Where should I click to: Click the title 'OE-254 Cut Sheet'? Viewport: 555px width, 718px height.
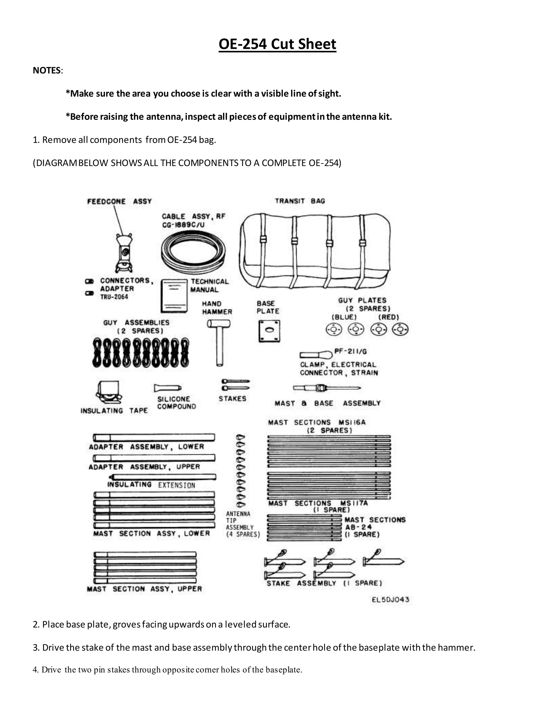[x=277, y=44]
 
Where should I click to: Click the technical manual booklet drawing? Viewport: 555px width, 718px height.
[x=174, y=296]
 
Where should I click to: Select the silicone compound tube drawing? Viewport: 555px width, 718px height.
[x=167, y=388]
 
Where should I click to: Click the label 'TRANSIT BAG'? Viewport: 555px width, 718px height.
[x=300, y=201]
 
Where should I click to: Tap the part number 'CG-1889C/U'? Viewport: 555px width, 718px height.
[x=183, y=225]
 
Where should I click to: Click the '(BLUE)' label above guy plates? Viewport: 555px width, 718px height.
[x=344, y=317]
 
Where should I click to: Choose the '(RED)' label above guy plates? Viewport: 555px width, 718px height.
[x=389, y=317]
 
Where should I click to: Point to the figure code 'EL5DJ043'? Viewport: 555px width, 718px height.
[x=391, y=599]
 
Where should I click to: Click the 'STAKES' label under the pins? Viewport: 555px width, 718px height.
[x=233, y=399]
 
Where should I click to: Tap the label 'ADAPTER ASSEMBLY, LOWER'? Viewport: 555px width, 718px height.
[x=146, y=447]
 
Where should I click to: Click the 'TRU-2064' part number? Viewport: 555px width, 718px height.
[x=114, y=297]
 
